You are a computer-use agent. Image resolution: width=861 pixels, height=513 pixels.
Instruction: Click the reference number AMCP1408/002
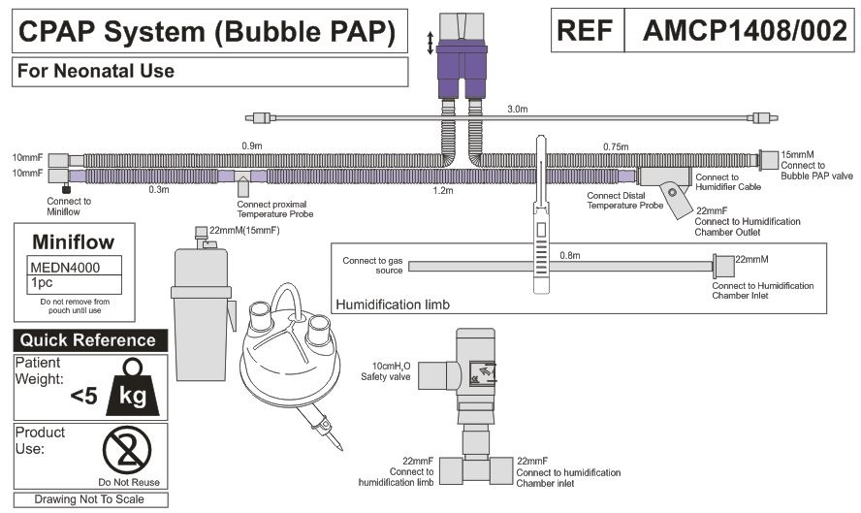744,33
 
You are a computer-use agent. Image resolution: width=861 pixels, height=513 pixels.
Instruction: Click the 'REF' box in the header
586,33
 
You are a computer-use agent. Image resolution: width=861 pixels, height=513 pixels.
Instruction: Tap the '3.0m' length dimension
518,110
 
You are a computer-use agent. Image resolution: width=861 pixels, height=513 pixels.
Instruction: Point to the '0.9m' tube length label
252,146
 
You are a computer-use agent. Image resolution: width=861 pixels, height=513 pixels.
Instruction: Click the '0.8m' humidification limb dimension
570,255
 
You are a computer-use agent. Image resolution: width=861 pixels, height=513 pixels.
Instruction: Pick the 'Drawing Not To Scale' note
88,499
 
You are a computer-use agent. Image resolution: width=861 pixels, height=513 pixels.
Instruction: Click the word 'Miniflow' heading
74,240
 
